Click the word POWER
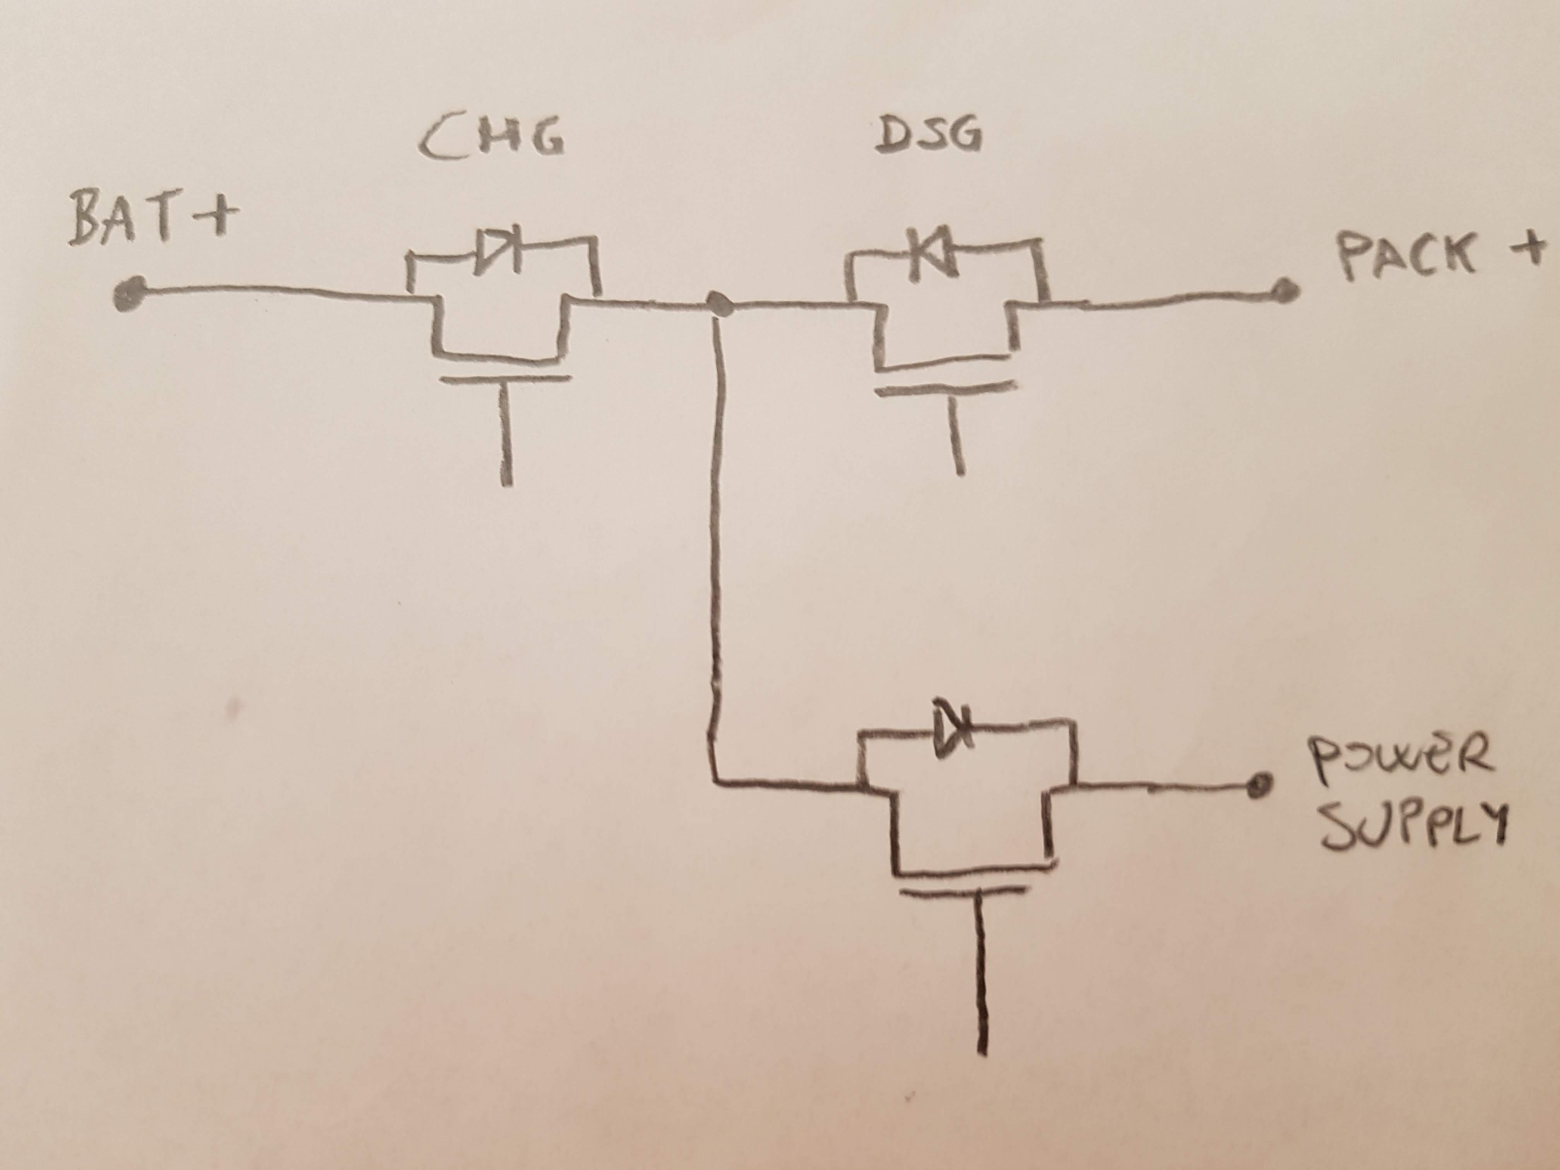click(x=1400, y=757)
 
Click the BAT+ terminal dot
click(x=130, y=292)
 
